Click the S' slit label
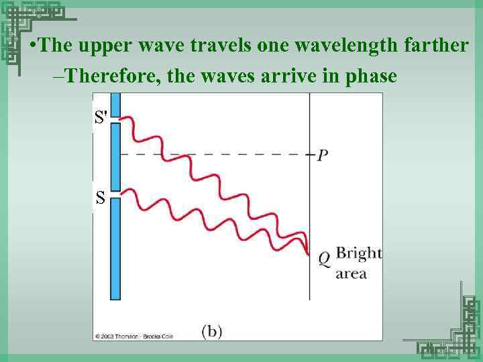coord(101,118)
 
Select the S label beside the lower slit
coord(100,198)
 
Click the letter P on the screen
coord(323,155)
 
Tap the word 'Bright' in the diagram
coord(358,253)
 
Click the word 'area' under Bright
coord(351,274)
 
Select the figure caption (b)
coord(212,330)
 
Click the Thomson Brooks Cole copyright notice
coord(134,336)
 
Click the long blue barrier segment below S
coord(115,248)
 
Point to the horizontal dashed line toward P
coord(215,155)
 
